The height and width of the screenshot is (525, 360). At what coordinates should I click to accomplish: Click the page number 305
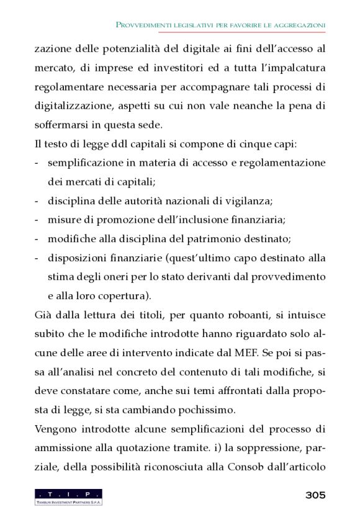(x=315, y=495)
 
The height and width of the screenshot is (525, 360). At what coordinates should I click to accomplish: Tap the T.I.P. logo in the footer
(x=68, y=496)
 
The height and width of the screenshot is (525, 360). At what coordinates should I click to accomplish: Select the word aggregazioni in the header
(x=298, y=24)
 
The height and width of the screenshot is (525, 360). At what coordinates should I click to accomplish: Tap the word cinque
(x=250, y=144)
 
